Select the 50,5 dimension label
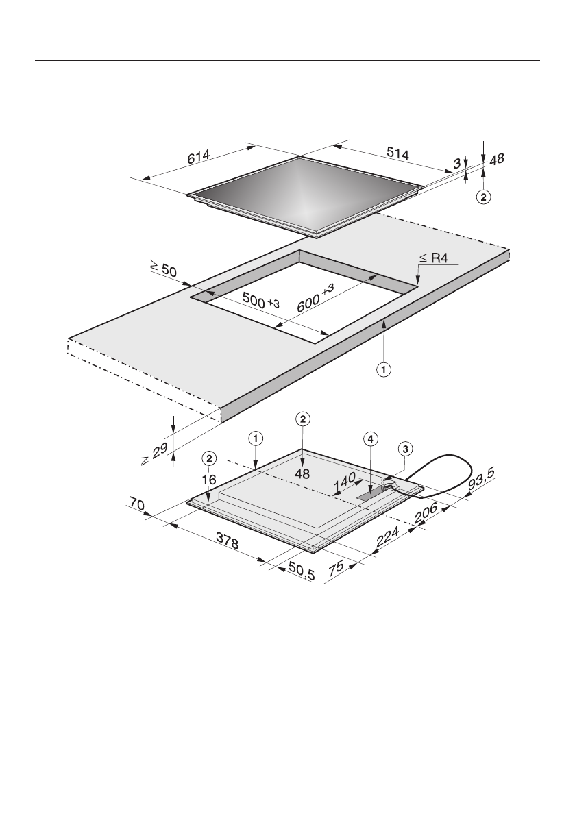point(301,571)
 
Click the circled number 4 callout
point(370,441)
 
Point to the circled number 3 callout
point(406,449)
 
